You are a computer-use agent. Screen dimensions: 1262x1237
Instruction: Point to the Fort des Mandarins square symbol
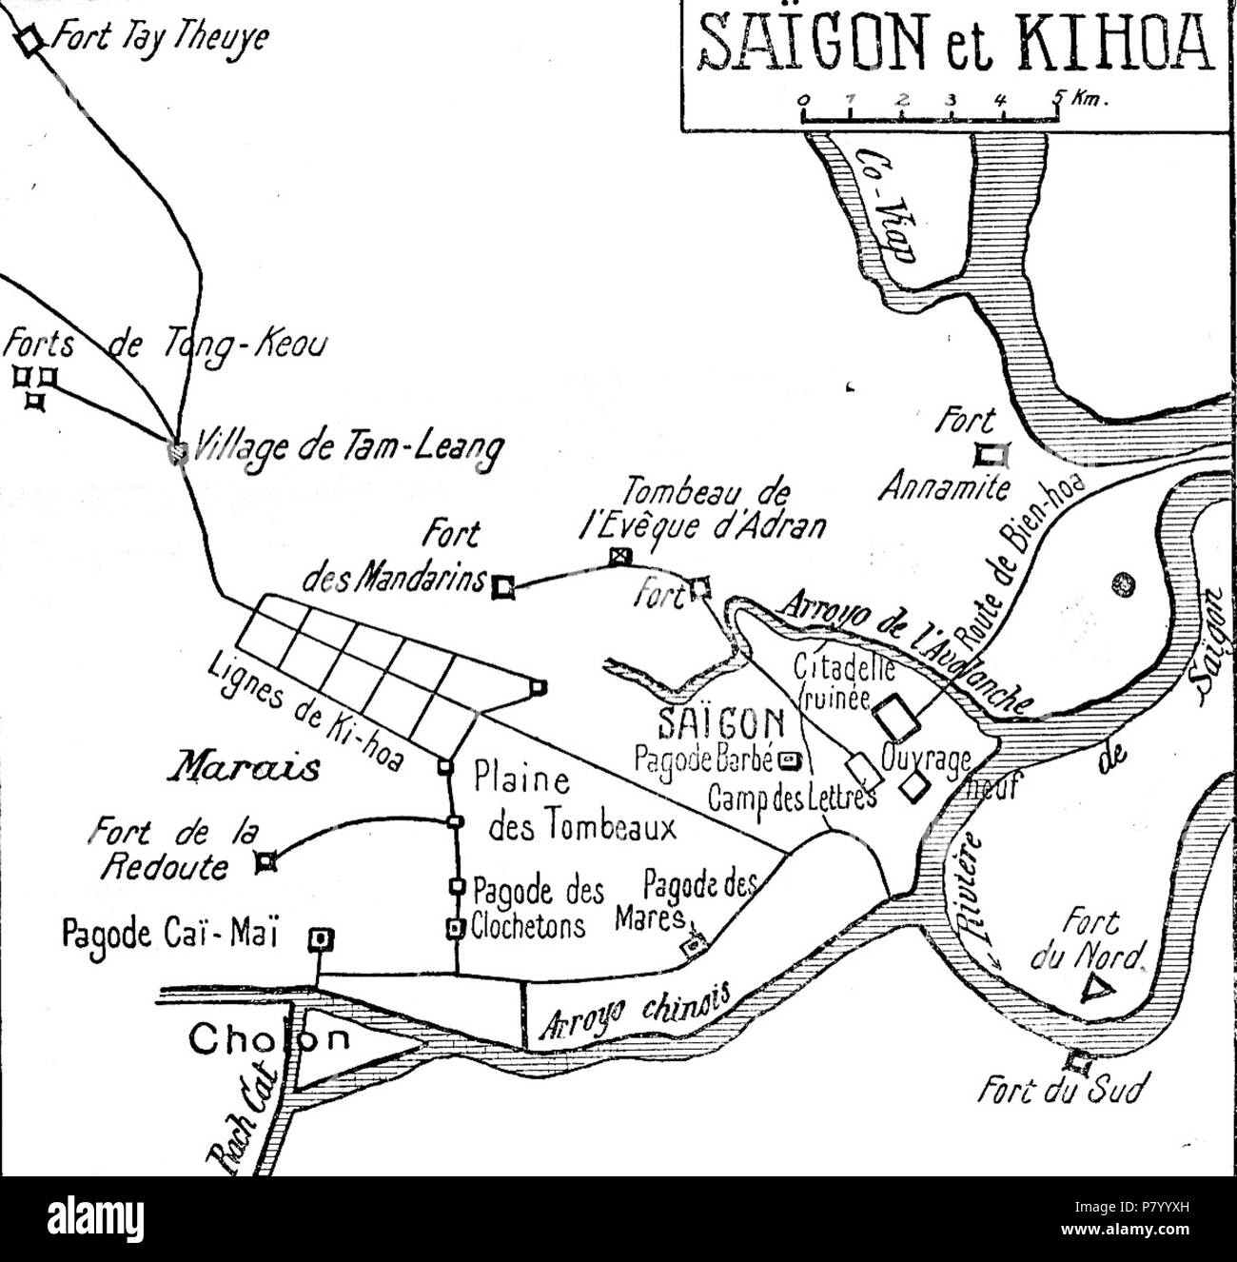503,589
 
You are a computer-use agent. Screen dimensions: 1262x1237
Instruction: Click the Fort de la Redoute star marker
265,862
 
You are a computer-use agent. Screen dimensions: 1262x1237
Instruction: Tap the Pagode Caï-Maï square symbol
322,940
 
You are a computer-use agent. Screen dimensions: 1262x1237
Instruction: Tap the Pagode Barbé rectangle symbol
789,760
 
